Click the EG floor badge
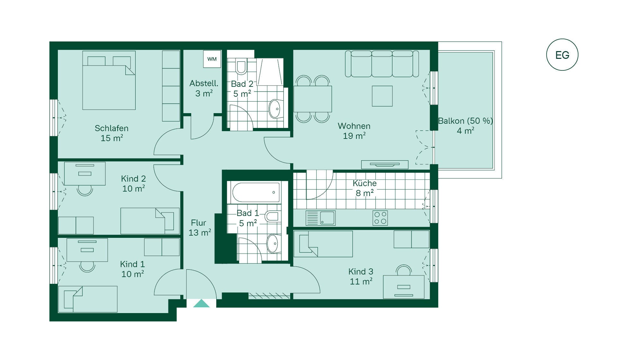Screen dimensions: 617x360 coord(562,55)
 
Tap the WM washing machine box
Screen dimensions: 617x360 coord(212,59)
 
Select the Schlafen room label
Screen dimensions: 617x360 coord(112,128)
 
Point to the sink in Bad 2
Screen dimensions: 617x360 coord(275,109)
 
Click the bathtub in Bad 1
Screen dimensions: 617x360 coord(256,193)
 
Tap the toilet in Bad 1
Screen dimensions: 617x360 coord(273,216)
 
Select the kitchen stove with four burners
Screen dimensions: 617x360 coord(380,218)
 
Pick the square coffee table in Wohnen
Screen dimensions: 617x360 coord(382,96)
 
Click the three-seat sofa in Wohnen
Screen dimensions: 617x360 coord(382,64)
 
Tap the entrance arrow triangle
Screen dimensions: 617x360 coord(201,303)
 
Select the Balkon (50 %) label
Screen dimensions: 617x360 coord(465,121)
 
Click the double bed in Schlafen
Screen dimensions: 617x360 coord(109,80)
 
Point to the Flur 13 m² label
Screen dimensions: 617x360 coord(200,228)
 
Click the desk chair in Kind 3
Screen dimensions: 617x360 coord(404,270)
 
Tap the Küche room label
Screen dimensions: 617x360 coord(364,183)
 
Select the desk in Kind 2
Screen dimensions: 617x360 coord(85,174)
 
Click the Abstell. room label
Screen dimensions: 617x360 coord(204,83)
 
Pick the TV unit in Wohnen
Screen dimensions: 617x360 coord(385,165)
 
